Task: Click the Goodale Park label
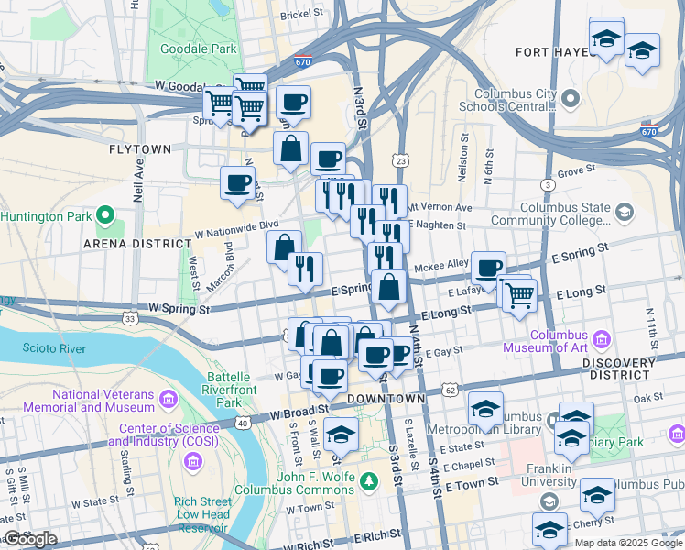point(199,49)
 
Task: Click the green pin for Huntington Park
point(105,217)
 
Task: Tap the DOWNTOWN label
point(386,399)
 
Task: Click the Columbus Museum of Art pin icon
point(602,335)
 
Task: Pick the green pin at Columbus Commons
point(368,479)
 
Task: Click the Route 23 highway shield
point(400,161)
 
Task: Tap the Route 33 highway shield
point(131,319)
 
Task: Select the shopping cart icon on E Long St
point(519,294)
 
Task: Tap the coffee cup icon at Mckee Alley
point(489,267)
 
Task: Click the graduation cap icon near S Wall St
point(341,433)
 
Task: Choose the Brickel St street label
point(302,15)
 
